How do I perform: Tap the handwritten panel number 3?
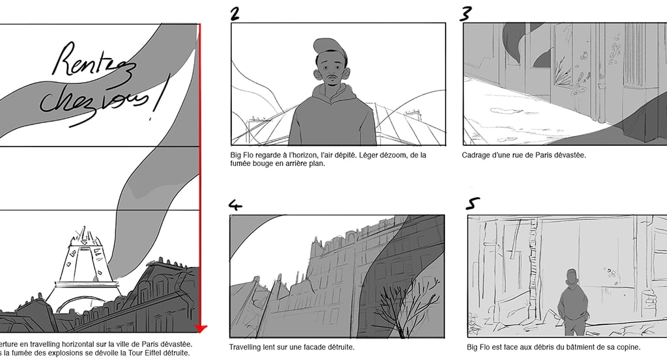[x=466, y=13]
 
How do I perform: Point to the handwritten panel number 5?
[x=472, y=204]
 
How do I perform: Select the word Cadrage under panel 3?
[x=479, y=155]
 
